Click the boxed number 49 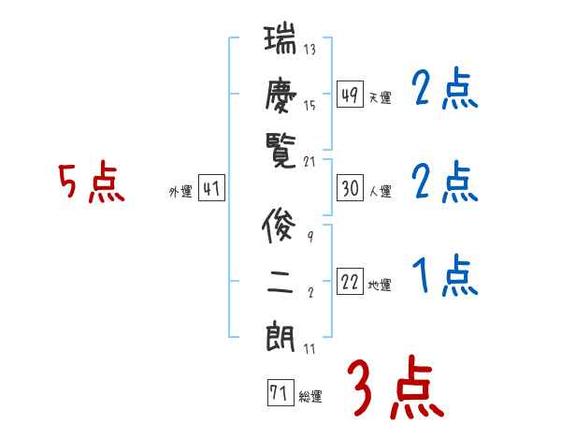350,95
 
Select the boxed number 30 350,188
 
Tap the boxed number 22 350,282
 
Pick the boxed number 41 211,188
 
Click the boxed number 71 279,394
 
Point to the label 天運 380,97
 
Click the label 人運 380,191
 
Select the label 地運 380,285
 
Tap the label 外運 180,191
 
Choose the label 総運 309,397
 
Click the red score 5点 92,183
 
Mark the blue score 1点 445,276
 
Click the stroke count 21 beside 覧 310,161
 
